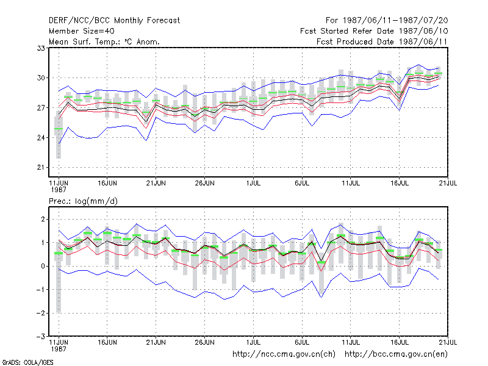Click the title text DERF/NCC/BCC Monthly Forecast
114,21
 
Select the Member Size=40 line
82,31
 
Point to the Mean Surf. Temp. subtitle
104,41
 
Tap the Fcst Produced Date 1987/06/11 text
382,41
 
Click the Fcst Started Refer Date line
374,31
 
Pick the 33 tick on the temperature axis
41,48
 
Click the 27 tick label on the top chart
41,108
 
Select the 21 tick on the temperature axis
41,167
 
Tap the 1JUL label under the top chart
253,183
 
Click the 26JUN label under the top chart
204,183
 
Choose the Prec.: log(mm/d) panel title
83,201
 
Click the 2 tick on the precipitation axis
43,219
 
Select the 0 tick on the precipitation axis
43,266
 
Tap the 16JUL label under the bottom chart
400,342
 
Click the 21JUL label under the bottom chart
448,342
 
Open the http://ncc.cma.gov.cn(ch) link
284,354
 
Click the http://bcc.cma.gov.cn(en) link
396,354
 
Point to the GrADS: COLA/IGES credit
27,362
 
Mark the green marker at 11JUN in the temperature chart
59,129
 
